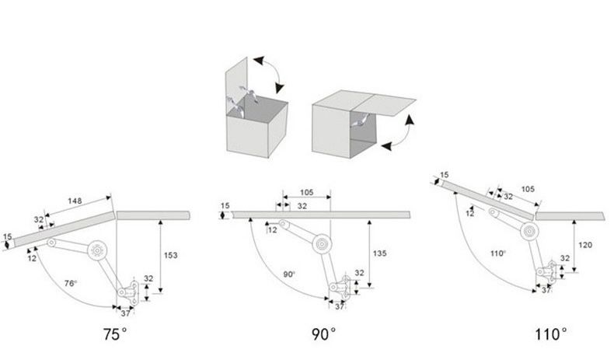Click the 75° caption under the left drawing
(x=114, y=336)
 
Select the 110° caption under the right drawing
(x=549, y=336)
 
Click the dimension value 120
(x=584, y=244)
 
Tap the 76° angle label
(x=70, y=284)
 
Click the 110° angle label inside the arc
(x=497, y=254)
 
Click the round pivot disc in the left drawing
(x=97, y=250)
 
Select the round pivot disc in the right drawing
(x=529, y=230)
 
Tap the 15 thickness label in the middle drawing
(x=225, y=205)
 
